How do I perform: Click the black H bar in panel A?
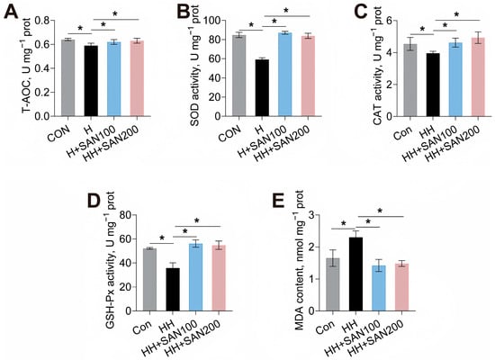click(x=91, y=81)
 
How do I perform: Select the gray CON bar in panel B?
click(x=239, y=76)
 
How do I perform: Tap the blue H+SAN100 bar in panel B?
click(x=285, y=74)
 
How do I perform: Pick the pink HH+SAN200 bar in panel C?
click(x=478, y=77)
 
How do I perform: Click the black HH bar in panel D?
click(x=173, y=290)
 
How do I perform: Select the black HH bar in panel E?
click(x=355, y=274)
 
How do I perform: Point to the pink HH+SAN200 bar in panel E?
click(x=402, y=287)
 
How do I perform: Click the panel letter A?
click(x=12, y=13)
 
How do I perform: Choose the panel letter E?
click(x=278, y=201)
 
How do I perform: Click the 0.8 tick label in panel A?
click(x=42, y=21)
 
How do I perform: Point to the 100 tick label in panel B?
click(x=212, y=21)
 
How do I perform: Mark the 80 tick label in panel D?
click(x=126, y=215)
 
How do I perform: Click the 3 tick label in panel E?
click(x=312, y=215)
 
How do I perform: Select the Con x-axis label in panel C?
click(x=403, y=132)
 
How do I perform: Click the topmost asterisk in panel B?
click(x=286, y=11)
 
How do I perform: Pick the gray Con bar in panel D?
click(x=149, y=280)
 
